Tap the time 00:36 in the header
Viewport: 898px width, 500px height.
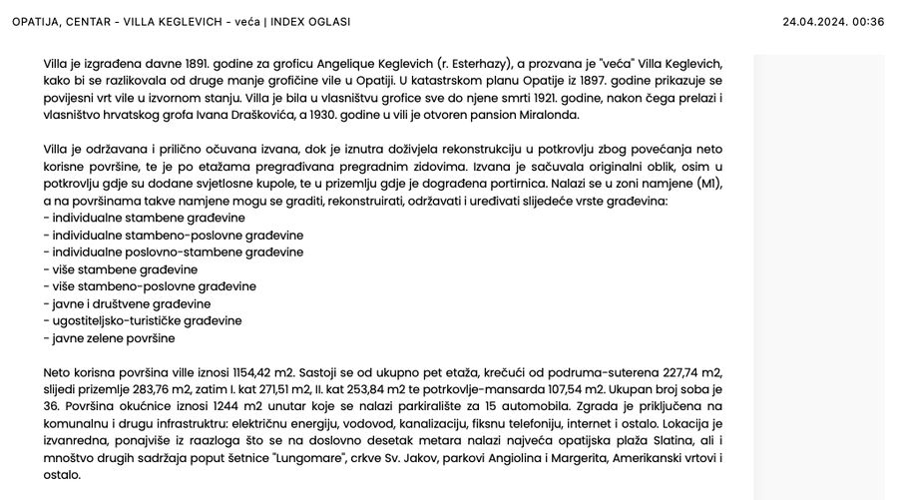(869, 22)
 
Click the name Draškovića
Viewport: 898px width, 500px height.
(303, 115)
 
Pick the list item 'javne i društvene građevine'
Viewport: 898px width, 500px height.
(128, 303)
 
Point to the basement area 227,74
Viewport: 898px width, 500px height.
(675, 372)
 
